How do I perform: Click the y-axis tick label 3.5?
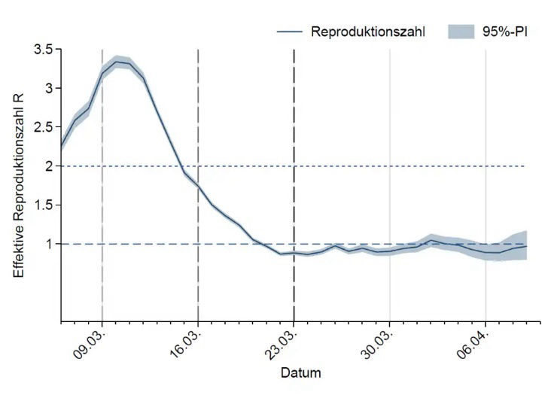click(x=42, y=50)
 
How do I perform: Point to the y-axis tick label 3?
click(x=49, y=88)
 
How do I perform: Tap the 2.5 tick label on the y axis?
click(x=42, y=127)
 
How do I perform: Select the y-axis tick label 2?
click(x=49, y=166)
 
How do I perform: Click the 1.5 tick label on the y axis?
click(x=42, y=205)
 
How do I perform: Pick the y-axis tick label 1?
click(x=49, y=244)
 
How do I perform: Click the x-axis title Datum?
click(x=301, y=373)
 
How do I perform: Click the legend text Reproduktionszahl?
click(x=369, y=32)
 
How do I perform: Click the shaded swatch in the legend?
click(x=461, y=32)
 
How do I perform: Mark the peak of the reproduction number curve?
click(x=117, y=62)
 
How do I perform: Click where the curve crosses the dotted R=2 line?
click(x=181, y=166)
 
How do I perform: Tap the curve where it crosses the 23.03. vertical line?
click(x=294, y=253)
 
